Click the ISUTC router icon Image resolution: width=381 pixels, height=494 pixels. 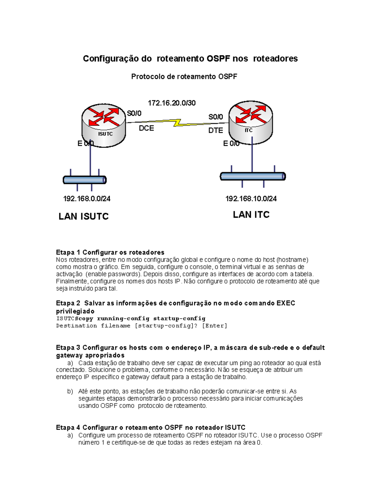click(x=104, y=125)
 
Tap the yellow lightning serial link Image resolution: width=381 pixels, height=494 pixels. click(x=177, y=122)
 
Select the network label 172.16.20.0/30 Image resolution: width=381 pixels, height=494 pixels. click(x=171, y=103)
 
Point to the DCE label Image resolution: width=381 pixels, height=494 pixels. click(x=146, y=128)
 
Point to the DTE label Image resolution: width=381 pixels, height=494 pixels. click(x=216, y=130)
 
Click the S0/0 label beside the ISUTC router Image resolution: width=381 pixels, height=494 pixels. click(x=134, y=114)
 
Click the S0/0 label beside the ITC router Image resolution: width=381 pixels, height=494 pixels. click(x=216, y=117)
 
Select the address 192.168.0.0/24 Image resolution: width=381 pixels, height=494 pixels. click(x=87, y=199)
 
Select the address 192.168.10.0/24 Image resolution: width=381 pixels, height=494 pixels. click(x=251, y=199)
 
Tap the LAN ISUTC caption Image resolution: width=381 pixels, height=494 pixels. click(x=84, y=216)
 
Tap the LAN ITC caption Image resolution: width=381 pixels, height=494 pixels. click(x=251, y=215)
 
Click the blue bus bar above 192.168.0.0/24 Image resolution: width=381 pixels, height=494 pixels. click(x=84, y=180)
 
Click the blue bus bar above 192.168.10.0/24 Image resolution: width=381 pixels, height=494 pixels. click(x=253, y=176)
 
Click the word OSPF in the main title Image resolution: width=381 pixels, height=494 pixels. click(x=218, y=59)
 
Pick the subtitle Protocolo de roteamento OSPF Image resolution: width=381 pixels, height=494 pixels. click(x=184, y=77)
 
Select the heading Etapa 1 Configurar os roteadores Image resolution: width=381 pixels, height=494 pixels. click(x=110, y=253)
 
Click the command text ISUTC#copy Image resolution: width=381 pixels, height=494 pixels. click(x=75, y=318)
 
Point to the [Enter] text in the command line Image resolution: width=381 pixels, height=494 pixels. click(x=215, y=326)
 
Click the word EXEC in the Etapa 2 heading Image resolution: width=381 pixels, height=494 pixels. click(x=286, y=303)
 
